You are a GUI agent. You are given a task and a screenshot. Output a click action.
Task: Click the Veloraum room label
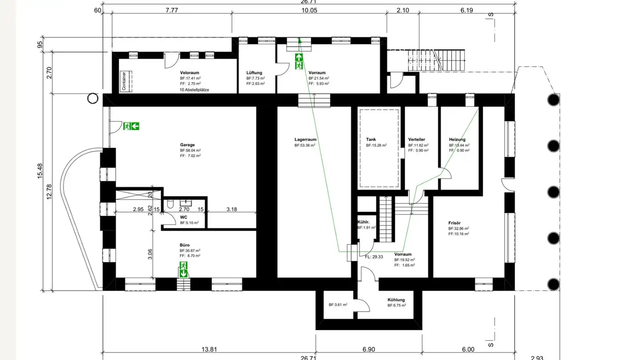coord(189,72)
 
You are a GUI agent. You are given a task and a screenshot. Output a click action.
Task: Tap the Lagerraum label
coord(305,139)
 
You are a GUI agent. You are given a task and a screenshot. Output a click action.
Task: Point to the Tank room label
coord(371,139)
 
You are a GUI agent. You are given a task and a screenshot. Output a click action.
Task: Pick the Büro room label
coord(184,245)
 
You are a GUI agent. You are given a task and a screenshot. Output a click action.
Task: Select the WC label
coord(184,217)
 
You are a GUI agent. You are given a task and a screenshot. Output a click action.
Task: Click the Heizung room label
coord(457,139)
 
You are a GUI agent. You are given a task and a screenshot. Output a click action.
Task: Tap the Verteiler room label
coord(416,139)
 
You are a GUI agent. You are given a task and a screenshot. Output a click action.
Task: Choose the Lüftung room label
coord(254,72)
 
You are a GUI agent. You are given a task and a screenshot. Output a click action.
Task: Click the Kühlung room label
coord(396,300)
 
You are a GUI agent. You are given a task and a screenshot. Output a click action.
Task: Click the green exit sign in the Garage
coord(132,126)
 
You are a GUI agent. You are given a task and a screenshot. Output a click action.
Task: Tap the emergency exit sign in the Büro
coord(183,269)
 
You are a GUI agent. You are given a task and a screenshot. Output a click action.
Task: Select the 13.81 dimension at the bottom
coord(209,350)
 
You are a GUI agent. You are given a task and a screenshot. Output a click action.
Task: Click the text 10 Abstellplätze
coord(194,89)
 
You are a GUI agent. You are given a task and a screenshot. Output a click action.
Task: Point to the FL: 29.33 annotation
coord(374,256)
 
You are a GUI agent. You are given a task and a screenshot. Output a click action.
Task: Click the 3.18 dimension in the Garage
coord(232,209)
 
